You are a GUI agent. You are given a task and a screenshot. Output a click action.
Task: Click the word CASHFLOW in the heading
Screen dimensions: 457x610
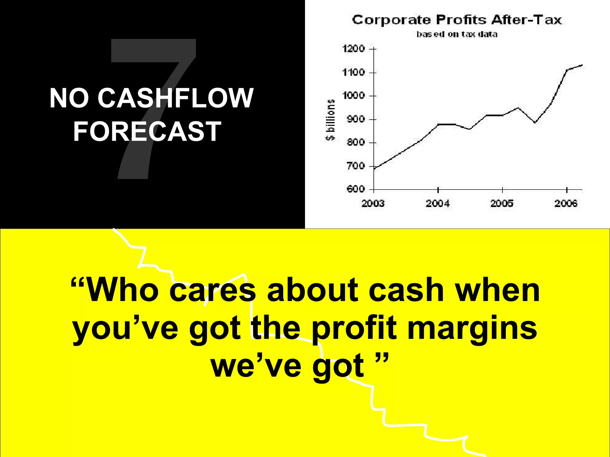175,98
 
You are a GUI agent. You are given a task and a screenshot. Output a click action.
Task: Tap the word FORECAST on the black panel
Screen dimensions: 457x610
147,131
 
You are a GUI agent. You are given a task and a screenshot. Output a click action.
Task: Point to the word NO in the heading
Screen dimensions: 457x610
69,98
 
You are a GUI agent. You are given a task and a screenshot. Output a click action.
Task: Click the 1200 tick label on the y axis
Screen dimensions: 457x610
354,48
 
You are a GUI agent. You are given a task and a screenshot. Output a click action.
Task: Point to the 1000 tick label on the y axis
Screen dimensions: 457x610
354,96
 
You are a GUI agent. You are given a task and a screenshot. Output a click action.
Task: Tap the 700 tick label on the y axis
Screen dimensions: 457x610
356,166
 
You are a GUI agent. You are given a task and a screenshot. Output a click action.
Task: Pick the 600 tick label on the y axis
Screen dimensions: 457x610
356,189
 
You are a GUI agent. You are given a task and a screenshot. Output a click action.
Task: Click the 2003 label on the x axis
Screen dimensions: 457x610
373,204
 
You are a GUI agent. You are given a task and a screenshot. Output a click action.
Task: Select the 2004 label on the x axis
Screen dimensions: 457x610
437,204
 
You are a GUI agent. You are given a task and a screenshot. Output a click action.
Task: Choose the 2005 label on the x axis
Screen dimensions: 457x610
502,204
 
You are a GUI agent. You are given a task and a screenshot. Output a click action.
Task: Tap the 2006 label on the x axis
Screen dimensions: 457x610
566,204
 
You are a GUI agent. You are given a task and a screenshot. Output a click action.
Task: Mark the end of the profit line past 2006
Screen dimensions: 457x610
581,65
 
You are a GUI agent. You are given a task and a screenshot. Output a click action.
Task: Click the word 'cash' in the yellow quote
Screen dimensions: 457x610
406,290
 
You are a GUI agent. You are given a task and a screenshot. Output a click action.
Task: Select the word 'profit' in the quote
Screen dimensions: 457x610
354,329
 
